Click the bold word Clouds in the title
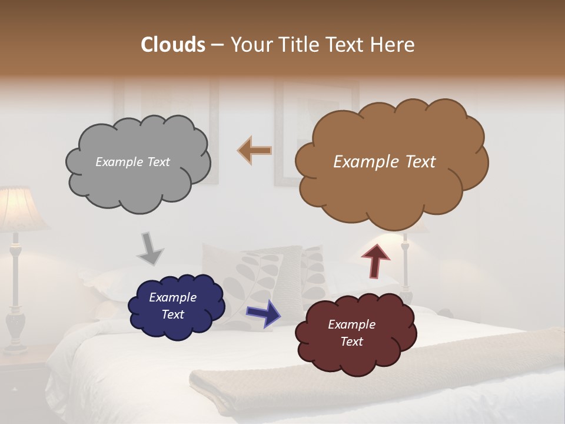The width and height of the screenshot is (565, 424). click(173, 45)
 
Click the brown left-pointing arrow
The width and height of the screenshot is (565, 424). click(255, 150)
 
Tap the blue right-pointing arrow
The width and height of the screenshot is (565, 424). click(264, 313)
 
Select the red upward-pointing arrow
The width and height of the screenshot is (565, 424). click(375, 261)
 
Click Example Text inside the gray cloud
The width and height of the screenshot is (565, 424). click(132, 162)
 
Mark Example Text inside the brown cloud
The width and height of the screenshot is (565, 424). click(384, 162)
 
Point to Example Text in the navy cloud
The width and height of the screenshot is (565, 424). click(173, 306)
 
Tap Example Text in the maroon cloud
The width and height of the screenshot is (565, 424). click(351, 333)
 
